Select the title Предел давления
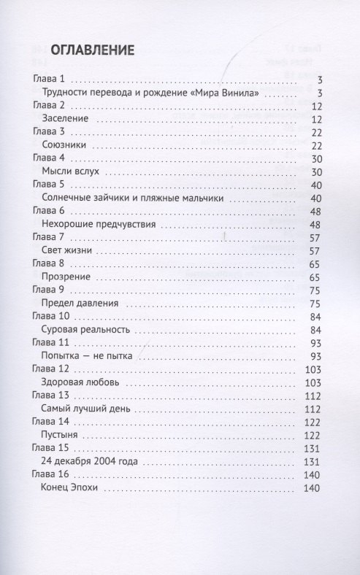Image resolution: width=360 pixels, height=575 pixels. point(81,304)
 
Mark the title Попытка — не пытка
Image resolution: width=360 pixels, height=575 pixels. point(87,356)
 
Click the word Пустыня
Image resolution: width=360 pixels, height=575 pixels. point(63,435)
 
